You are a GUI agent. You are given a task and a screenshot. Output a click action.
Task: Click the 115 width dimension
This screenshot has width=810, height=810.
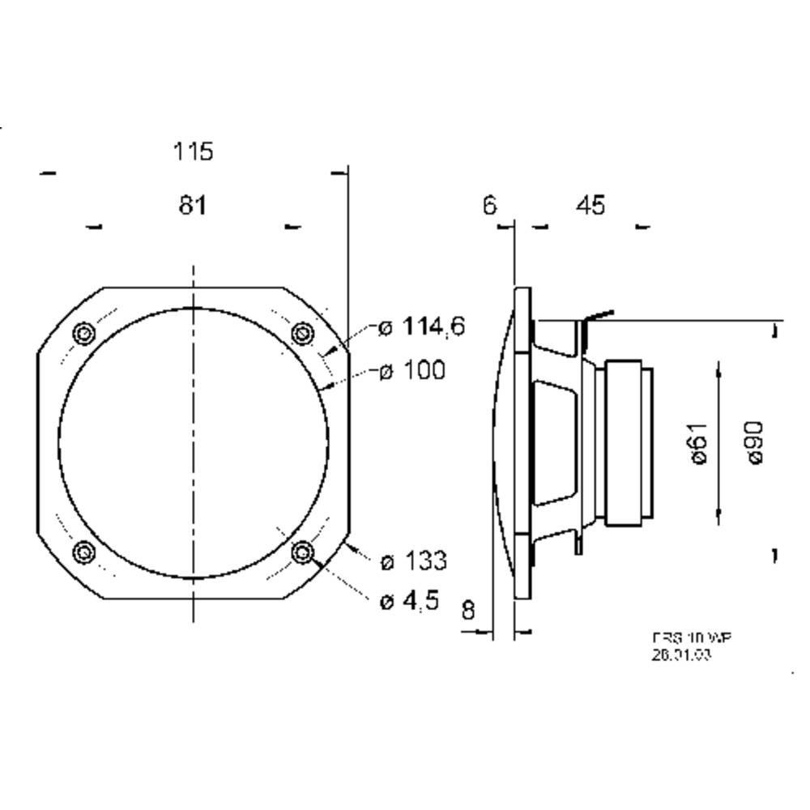(x=193, y=151)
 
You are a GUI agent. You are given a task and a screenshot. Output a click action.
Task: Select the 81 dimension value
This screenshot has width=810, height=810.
(x=192, y=206)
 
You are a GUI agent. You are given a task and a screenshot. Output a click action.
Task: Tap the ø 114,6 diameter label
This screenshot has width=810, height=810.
(x=421, y=327)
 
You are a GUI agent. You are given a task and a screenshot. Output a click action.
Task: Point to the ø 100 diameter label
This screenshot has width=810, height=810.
(x=411, y=371)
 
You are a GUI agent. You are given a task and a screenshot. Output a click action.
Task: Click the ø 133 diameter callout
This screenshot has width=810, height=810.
(x=413, y=561)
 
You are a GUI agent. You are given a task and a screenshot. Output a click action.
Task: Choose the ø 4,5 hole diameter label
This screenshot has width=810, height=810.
(x=409, y=600)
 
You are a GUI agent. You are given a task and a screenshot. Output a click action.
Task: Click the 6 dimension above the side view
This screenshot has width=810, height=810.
(x=489, y=206)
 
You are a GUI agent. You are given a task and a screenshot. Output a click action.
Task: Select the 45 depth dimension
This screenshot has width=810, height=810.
(x=590, y=206)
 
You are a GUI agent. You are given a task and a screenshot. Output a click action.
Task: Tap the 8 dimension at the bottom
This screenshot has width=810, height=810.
(x=468, y=610)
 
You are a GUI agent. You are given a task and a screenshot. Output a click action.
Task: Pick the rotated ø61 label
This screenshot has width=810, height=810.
(x=700, y=443)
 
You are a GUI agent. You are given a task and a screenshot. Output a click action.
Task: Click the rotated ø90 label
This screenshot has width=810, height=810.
(x=754, y=442)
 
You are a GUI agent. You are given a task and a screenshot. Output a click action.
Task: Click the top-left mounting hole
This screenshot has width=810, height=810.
(x=83, y=334)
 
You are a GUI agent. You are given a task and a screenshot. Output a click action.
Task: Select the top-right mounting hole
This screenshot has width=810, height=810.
(x=302, y=332)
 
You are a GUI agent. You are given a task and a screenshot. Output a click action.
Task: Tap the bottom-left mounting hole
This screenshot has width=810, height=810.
(x=83, y=553)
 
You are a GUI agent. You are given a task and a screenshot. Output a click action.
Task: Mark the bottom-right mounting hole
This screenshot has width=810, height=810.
(x=303, y=553)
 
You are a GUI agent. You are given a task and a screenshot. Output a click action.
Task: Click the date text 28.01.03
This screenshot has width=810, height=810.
(x=681, y=655)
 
